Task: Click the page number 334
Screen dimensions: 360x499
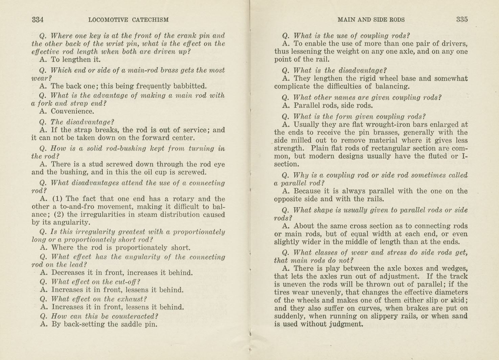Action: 38,20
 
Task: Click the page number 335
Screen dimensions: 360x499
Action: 462,20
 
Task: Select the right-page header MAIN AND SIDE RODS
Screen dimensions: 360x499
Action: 371,20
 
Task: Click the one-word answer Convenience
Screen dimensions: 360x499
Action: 72,111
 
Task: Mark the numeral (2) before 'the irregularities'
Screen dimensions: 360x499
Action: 59,215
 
